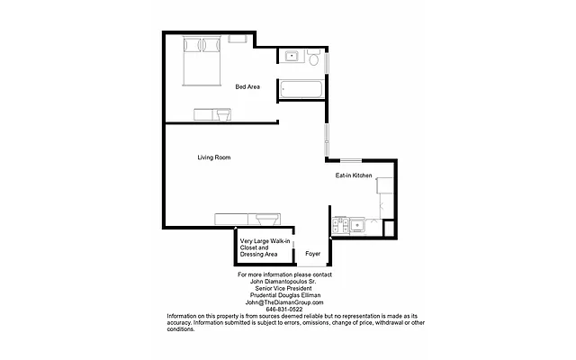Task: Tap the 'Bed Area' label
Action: (247, 87)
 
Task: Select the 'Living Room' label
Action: (214, 157)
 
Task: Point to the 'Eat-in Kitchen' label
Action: (354, 175)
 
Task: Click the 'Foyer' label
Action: (312, 254)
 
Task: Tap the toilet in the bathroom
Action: (312, 60)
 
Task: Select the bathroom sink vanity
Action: (292, 58)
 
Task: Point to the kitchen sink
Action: (357, 225)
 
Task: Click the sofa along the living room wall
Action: (247, 220)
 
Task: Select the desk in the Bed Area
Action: (212, 113)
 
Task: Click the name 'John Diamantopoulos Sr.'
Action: (284, 281)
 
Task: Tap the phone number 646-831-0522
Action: (284, 310)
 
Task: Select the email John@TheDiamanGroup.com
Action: (284, 302)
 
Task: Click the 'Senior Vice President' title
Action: (284, 288)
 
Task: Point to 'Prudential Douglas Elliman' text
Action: (284, 295)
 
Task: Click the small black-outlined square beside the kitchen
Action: (389, 227)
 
